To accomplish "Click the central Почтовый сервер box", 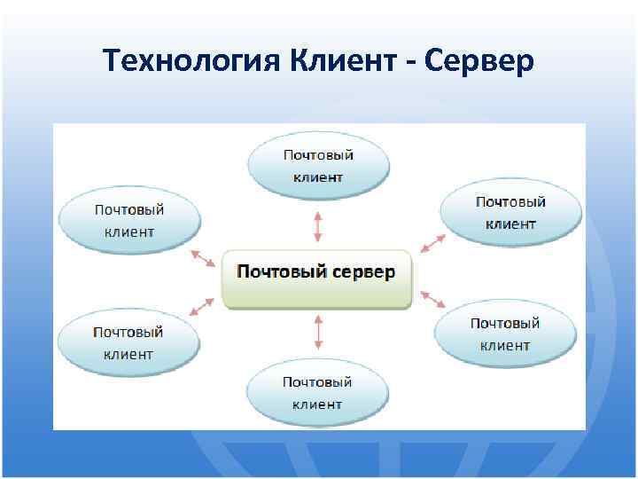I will tap(316, 279).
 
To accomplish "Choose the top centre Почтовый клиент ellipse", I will tap(318, 166).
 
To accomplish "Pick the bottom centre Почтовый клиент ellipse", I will tap(317, 393).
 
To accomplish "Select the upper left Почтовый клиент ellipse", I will tap(129, 220).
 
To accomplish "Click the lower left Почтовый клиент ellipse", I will tap(128, 342).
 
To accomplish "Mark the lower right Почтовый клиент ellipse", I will tap(505, 334).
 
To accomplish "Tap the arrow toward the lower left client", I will tap(202, 306).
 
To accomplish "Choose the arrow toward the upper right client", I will tap(433, 242).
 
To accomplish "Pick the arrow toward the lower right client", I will tap(432, 298).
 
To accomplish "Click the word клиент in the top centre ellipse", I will tap(318, 177).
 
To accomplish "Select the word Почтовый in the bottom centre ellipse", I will tap(317, 382).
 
